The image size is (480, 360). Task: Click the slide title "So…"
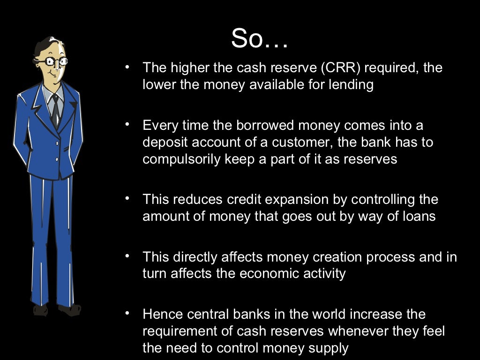click(259, 39)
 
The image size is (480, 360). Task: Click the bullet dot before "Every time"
click(127, 125)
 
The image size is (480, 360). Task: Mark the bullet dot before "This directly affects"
click(127, 256)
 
